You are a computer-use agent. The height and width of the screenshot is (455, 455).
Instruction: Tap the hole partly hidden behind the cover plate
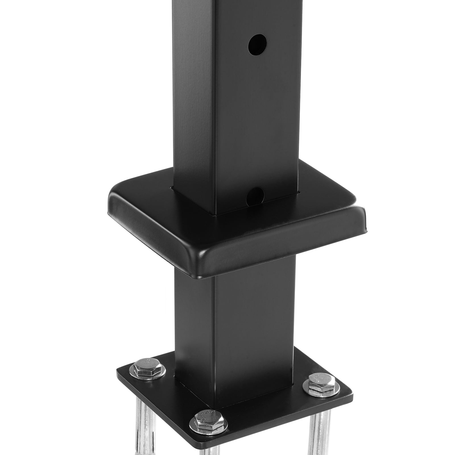coord(256,195)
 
